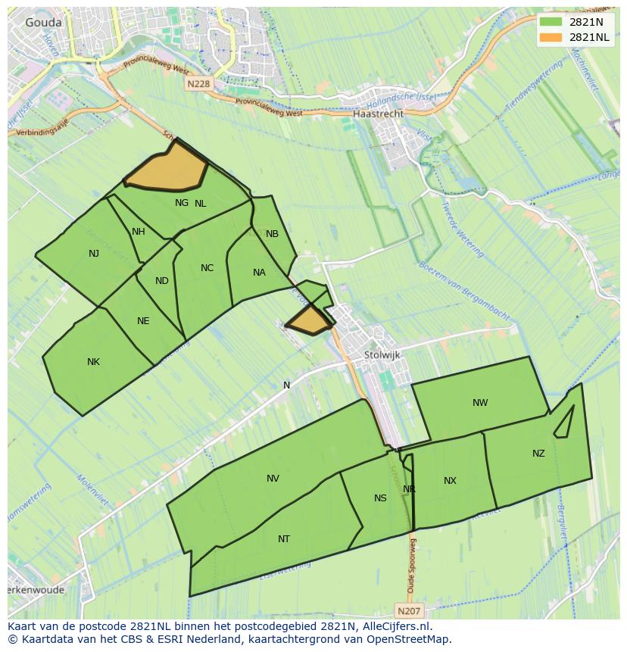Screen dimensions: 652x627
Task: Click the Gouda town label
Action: (43, 23)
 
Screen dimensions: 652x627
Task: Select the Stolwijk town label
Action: (382, 354)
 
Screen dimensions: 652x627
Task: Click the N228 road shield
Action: (198, 84)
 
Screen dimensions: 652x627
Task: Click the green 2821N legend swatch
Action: (551, 23)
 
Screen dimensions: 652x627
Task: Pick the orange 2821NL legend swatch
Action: (551, 37)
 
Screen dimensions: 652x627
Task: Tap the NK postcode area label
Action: (93, 362)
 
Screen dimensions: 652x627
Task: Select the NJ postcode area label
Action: (94, 254)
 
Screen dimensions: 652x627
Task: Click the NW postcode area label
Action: (480, 403)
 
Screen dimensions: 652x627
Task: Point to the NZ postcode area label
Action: (538, 454)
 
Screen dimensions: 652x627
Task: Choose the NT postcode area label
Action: (284, 539)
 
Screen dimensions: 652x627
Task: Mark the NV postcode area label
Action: (273, 478)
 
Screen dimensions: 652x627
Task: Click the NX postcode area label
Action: (451, 481)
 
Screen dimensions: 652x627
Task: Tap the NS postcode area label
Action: (380, 498)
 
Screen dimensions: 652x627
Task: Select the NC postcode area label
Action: (207, 268)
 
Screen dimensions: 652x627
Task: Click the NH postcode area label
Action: (139, 232)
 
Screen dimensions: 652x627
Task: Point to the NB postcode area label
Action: (273, 234)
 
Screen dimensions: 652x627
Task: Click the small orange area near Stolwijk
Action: (310, 321)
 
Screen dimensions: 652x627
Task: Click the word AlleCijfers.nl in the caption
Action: (395, 626)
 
